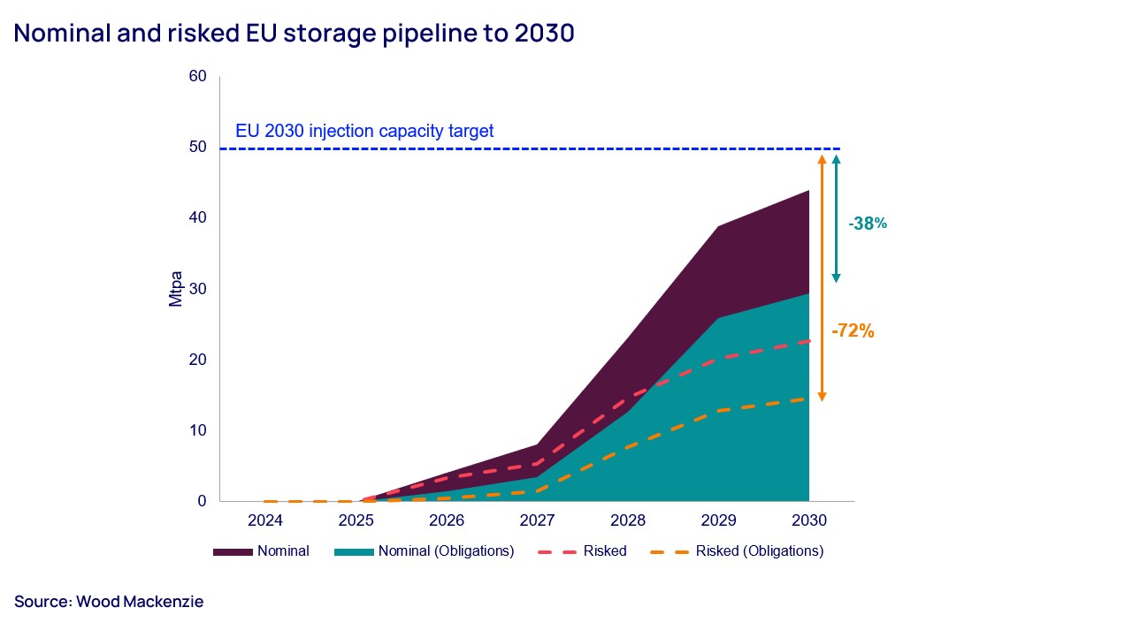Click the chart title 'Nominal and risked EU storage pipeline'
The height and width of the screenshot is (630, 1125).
pyautogui.click(x=294, y=34)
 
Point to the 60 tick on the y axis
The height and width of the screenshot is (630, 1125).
pyautogui.click(x=197, y=77)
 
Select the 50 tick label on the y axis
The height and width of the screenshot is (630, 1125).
pyautogui.click(x=197, y=148)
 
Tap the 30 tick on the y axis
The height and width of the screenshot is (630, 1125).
pyautogui.click(x=197, y=289)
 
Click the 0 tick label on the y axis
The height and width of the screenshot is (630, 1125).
pyautogui.click(x=202, y=501)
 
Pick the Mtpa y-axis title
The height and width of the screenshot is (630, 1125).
pyautogui.click(x=175, y=289)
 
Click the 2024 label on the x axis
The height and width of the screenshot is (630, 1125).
pyautogui.click(x=265, y=520)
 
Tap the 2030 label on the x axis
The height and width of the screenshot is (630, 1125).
pyautogui.click(x=809, y=520)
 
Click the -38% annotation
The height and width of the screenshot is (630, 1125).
pyautogui.click(x=867, y=224)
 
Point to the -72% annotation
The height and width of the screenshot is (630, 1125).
pyautogui.click(x=853, y=331)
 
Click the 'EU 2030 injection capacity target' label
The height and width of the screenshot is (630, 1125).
pyautogui.click(x=364, y=132)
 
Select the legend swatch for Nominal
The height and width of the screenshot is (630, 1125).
pyautogui.click(x=232, y=552)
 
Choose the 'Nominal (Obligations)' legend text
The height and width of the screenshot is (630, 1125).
pyautogui.click(x=446, y=551)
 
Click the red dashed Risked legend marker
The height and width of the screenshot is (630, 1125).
pyautogui.click(x=555, y=552)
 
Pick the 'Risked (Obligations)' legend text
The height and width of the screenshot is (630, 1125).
pyautogui.click(x=759, y=551)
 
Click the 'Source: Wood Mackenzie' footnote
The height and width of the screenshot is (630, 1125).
pyautogui.click(x=109, y=602)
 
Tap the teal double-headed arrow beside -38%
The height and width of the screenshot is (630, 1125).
pyautogui.click(x=836, y=218)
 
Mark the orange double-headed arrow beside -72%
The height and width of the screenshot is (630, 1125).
pyautogui.click(x=822, y=277)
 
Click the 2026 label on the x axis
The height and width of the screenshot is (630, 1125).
pyautogui.click(x=447, y=520)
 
